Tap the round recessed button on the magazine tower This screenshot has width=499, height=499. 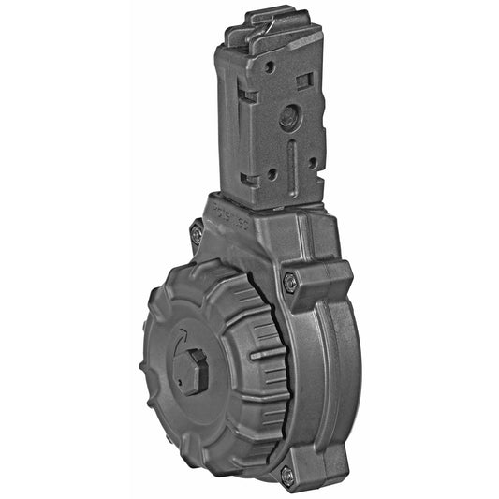click(x=289, y=117)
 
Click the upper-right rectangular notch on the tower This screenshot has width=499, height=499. click(x=303, y=81)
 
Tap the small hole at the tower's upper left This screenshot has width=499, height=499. click(x=270, y=67)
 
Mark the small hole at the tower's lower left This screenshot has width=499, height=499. click(x=272, y=173)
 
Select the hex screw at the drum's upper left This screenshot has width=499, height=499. click(x=197, y=232)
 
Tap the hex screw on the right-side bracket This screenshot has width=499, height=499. click(x=289, y=282)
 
